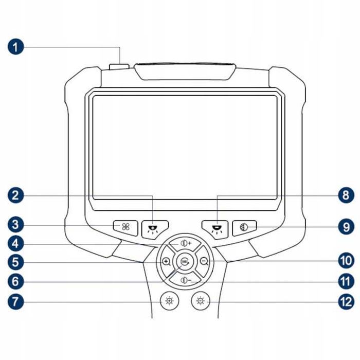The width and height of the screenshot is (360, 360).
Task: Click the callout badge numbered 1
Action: point(15,47)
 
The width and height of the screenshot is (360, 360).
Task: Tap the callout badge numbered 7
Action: point(15,301)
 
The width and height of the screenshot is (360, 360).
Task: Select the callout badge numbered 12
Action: point(346,301)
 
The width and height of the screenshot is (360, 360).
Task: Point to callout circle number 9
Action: point(346,227)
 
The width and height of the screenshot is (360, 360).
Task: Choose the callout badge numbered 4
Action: point(15,244)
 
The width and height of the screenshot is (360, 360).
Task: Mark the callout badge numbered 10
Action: point(346,261)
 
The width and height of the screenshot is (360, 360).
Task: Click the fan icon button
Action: point(125,228)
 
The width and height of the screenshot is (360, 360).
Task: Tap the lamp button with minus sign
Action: point(215,230)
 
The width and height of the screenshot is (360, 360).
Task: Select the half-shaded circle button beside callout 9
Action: point(244,228)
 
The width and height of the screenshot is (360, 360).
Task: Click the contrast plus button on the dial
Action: point(185,244)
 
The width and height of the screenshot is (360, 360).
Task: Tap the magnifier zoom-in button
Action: point(166,261)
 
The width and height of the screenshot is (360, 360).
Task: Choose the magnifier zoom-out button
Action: point(204,261)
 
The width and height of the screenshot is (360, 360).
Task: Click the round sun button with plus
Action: point(169,301)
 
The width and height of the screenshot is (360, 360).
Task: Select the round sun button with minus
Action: point(201,301)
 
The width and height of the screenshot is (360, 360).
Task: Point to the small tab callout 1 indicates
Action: point(119,66)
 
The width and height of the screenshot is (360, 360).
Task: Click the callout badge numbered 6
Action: point(15,281)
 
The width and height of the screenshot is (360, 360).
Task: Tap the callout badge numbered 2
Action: point(15,195)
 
